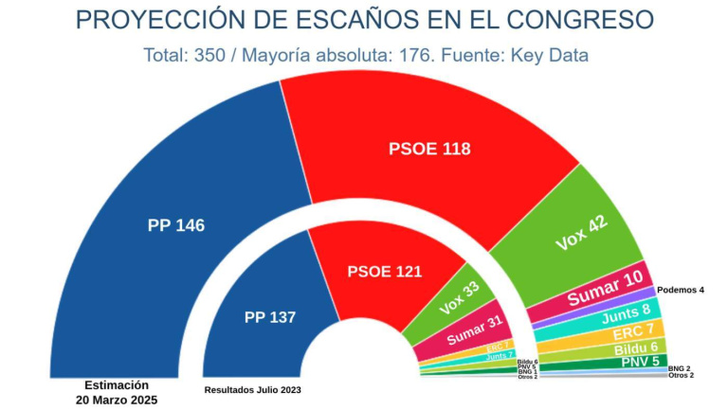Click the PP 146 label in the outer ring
coord(176,225)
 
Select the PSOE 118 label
coord(429,149)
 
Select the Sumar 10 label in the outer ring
coord(610,288)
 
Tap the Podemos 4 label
coord(681,289)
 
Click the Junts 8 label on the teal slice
coord(626,312)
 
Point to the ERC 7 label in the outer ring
coord(633,331)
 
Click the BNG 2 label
coord(679,367)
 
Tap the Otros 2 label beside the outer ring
coord(681,376)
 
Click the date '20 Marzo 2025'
coord(116,400)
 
